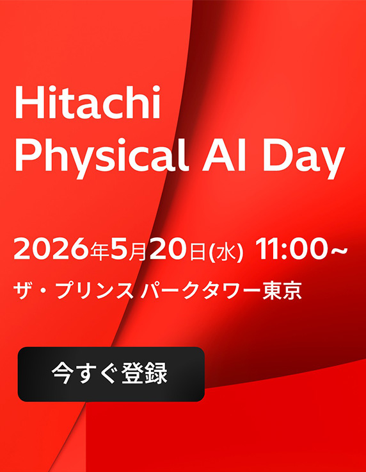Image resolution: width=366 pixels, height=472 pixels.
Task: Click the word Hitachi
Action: coord(87,105)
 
